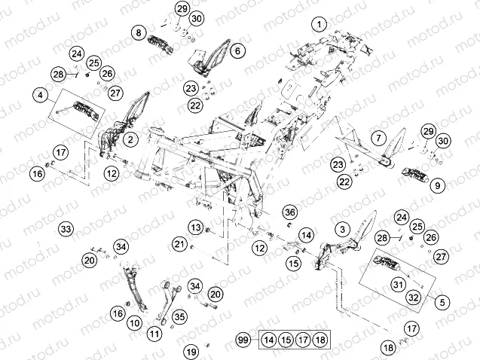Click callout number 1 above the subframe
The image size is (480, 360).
point(319,24)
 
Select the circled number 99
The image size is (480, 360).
point(243,340)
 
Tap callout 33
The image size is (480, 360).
point(66,229)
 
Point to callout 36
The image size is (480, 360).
point(289,212)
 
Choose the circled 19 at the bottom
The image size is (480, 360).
point(191,352)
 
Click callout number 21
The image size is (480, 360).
point(179,244)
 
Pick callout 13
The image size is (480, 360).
point(196,227)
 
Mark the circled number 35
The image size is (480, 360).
point(179,316)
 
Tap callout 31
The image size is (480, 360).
point(398,285)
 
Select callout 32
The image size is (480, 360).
point(413,297)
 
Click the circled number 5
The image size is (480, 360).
point(442,303)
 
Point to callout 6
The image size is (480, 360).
point(238,50)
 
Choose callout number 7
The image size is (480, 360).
point(379,138)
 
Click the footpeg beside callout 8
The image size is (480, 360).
point(161,44)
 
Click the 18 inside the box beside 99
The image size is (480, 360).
point(320,340)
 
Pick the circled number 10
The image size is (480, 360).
point(135,323)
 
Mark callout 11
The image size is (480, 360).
point(154,334)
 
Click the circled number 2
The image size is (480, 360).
point(130,139)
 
